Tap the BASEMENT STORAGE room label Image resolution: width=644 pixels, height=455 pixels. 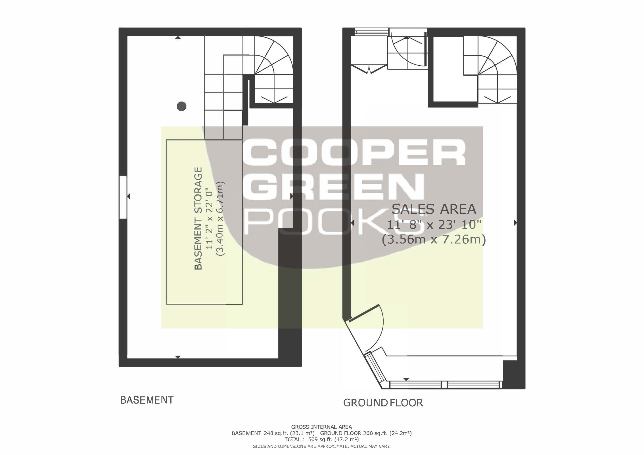click(198, 218)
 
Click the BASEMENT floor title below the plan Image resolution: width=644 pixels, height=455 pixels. click(147, 400)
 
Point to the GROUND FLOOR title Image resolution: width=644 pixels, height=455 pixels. click(383, 403)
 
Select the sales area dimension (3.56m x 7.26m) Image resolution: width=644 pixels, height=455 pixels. click(434, 240)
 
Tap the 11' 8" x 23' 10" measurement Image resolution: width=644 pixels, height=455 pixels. click(434, 224)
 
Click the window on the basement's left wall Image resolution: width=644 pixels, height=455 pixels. click(123, 197)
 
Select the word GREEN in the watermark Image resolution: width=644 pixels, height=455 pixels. click(333, 187)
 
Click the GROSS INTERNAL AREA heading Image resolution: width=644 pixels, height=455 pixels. click(321, 427)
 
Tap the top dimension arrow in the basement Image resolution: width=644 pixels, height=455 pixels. click(178, 37)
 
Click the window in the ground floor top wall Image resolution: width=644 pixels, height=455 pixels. click(372, 32)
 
